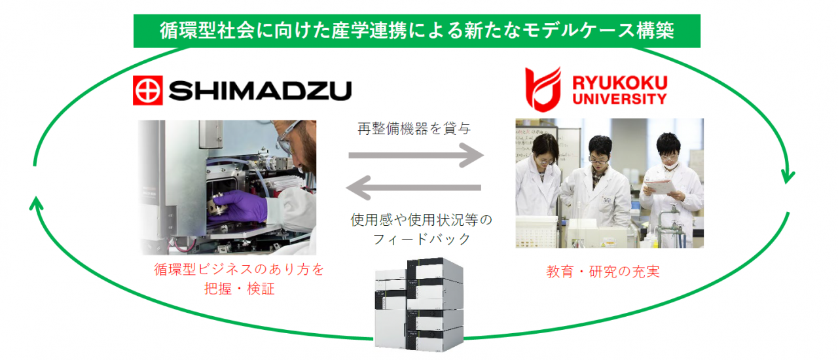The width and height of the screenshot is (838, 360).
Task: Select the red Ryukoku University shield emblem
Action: [543, 88]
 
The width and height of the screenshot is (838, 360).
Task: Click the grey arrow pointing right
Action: [416, 156]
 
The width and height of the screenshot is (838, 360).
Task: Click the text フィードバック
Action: [422, 239]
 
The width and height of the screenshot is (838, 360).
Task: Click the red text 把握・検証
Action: [239, 289]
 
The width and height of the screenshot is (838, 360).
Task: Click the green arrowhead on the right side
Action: [788, 177]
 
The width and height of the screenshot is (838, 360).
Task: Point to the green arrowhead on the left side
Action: [37, 203]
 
